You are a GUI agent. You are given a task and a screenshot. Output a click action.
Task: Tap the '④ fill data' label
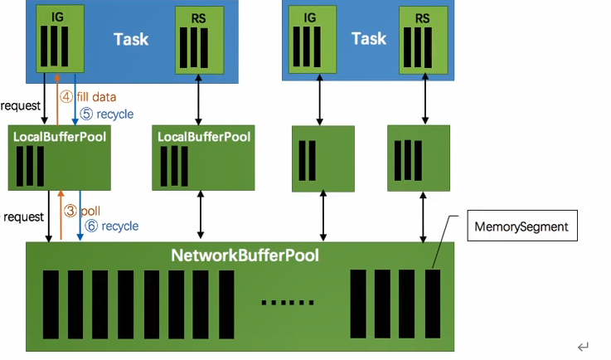(x=87, y=96)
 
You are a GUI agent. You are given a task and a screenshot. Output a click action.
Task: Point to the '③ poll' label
(x=83, y=211)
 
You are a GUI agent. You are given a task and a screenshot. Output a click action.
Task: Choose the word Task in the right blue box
(x=369, y=38)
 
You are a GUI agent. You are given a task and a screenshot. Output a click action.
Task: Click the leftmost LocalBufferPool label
(x=60, y=136)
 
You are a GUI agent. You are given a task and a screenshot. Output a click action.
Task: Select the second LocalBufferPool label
(x=204, y=136)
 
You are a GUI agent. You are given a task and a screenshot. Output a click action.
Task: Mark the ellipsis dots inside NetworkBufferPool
(x=288, y=302)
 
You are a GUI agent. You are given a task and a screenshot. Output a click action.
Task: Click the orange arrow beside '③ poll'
(x=61, y=214)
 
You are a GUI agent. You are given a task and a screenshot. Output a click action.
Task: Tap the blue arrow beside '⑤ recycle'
(x=75, y=98)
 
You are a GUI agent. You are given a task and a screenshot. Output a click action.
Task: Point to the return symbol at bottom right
(x=583, y=346)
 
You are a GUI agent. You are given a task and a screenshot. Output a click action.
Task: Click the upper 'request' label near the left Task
(x=21, y=106)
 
